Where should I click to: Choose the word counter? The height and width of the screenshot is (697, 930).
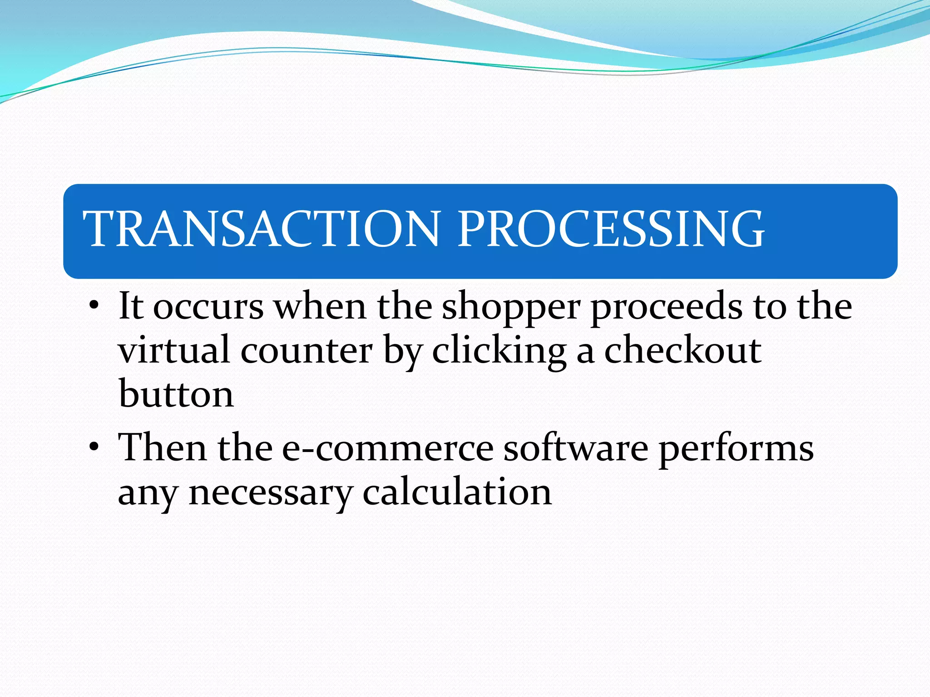tap(307, 352)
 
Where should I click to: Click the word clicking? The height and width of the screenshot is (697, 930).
tap(499, 352)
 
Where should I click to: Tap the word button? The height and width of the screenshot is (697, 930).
tap(176, 394)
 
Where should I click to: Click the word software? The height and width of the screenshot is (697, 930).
tap(576, 448)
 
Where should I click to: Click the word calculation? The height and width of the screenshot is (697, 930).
tap(457, 492)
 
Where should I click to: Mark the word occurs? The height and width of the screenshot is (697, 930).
tap(208, 308)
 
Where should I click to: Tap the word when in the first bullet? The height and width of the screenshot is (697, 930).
tap(320, 307)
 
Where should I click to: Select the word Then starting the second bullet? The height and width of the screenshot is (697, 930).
tap(162, 447)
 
